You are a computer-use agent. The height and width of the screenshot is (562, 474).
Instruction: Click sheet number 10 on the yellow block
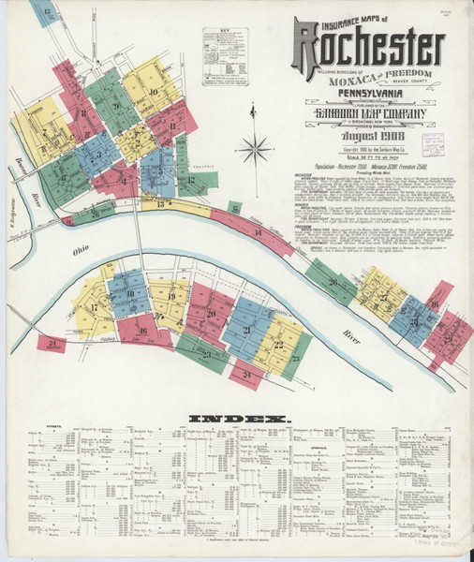pos(153,91)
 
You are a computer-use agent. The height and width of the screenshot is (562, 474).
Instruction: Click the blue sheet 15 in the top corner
pos(44,13)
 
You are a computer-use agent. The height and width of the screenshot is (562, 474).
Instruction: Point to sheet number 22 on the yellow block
pos(278,345)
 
